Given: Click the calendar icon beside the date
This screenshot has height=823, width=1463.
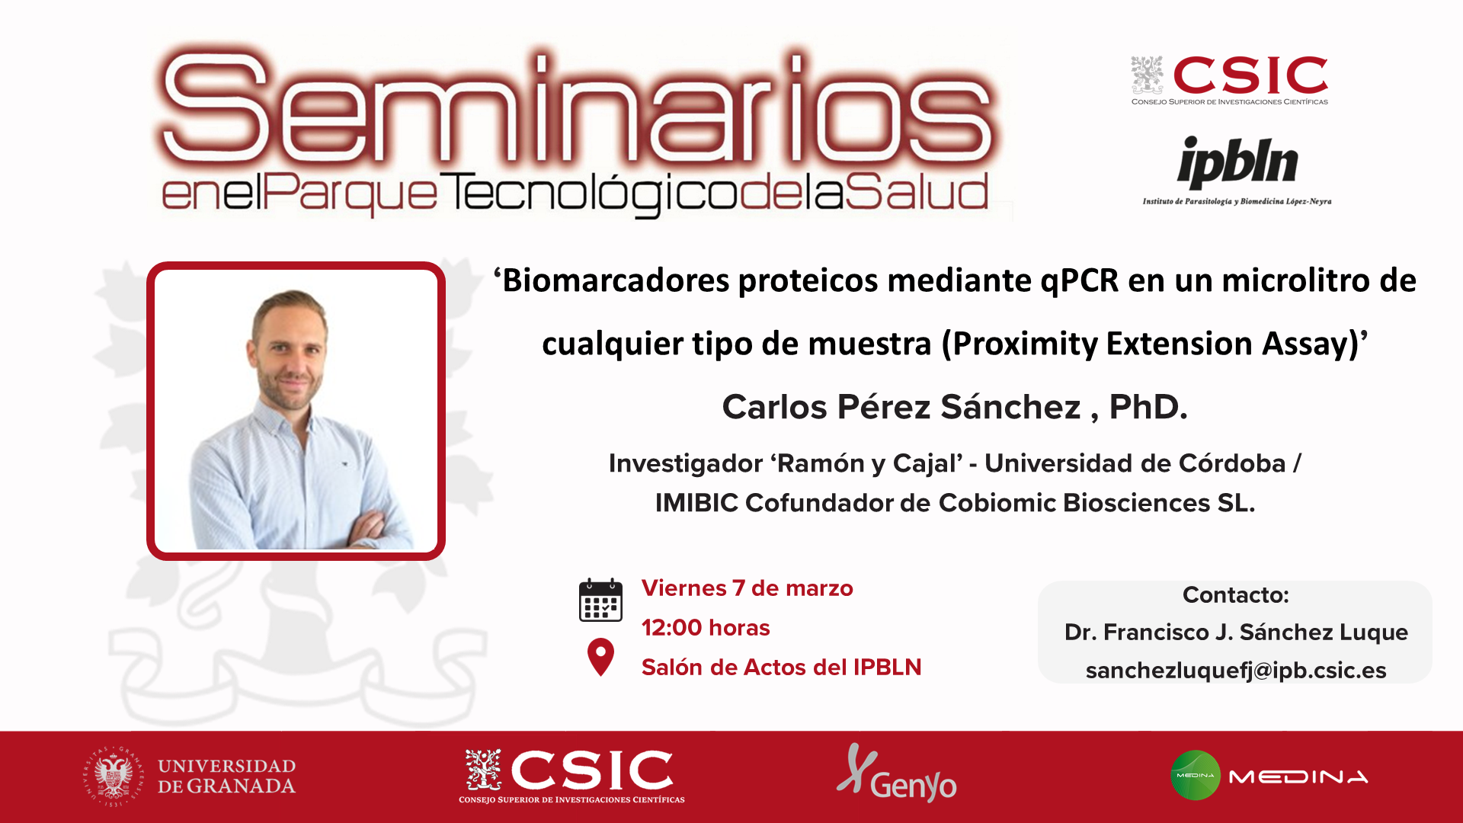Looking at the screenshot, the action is [600, 600].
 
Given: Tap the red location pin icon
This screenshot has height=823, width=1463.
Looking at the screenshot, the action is [600, 657].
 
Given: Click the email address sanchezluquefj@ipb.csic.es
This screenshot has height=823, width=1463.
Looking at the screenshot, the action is [1235, 670].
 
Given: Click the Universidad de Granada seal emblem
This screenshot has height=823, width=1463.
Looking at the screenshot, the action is [113, 777].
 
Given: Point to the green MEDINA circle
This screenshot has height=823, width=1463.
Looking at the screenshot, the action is [1195, 775].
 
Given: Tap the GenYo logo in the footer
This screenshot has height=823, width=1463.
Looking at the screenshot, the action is [897, 773].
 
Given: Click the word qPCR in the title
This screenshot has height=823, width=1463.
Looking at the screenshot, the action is [1080, 281].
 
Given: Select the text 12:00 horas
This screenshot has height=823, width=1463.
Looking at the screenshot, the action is [706, 627].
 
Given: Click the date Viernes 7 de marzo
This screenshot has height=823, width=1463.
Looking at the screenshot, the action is [747, 588].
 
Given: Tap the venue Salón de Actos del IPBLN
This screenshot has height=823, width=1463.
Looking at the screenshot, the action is [781, 667].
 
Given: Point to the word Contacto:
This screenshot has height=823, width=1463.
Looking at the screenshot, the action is [1235, 594].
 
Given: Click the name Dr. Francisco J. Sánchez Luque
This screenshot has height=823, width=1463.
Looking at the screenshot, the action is [1236, 632].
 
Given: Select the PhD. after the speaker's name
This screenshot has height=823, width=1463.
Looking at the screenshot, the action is [1148, 406].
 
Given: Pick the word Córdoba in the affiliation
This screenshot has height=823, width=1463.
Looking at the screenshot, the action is [1232, 463].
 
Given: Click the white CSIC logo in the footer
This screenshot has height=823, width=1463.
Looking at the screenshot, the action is [571, 776].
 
